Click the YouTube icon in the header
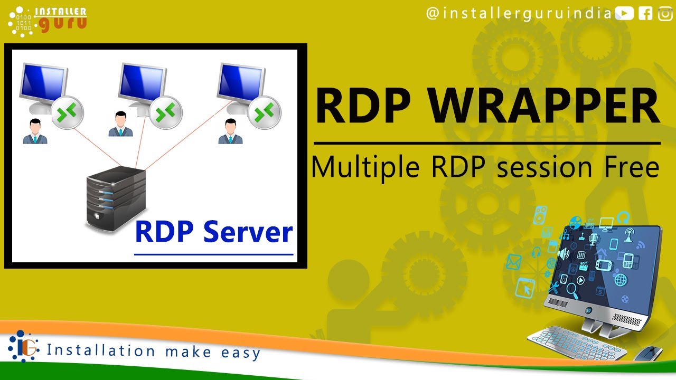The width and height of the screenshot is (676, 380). [x=624, y=13]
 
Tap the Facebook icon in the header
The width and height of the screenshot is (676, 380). [x=645, y=13]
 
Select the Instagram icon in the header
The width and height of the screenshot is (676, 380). [x=665, y=13]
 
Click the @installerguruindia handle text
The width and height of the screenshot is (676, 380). [x=518, y=13]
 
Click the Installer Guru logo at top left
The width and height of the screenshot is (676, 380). [x=47, y=20]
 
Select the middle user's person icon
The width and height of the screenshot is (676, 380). [x=120, y=124]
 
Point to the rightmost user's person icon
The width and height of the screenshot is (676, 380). [x=230, y=131]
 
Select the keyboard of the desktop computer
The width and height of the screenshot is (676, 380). [x=576, y=343]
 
